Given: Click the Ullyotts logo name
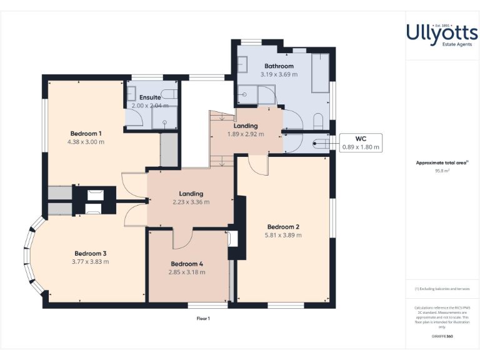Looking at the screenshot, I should [442, 32].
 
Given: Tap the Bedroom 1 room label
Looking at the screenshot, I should [86, 133].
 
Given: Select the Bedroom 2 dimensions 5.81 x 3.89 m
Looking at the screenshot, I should [283, 236].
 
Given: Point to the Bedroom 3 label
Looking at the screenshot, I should [91, 253].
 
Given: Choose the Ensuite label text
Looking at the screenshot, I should [150, 97].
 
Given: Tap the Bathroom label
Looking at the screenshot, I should [279, 66].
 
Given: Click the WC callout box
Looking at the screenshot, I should [361, 143].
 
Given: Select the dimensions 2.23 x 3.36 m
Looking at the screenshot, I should [191, 202].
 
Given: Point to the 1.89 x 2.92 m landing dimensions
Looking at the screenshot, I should [246, 134].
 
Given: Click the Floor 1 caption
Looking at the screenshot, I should [203, 318].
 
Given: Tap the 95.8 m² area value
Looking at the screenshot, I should [442, 170].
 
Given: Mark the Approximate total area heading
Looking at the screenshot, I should [442, 162].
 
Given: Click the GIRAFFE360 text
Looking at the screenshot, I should [442, 337].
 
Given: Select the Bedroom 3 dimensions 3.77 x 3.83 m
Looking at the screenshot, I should [91, 261].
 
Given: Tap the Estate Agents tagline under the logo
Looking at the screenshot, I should [442, 44].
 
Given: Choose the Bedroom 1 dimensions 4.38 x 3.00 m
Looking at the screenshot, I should [86, 141].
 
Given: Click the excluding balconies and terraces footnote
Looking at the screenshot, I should [442, 289].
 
